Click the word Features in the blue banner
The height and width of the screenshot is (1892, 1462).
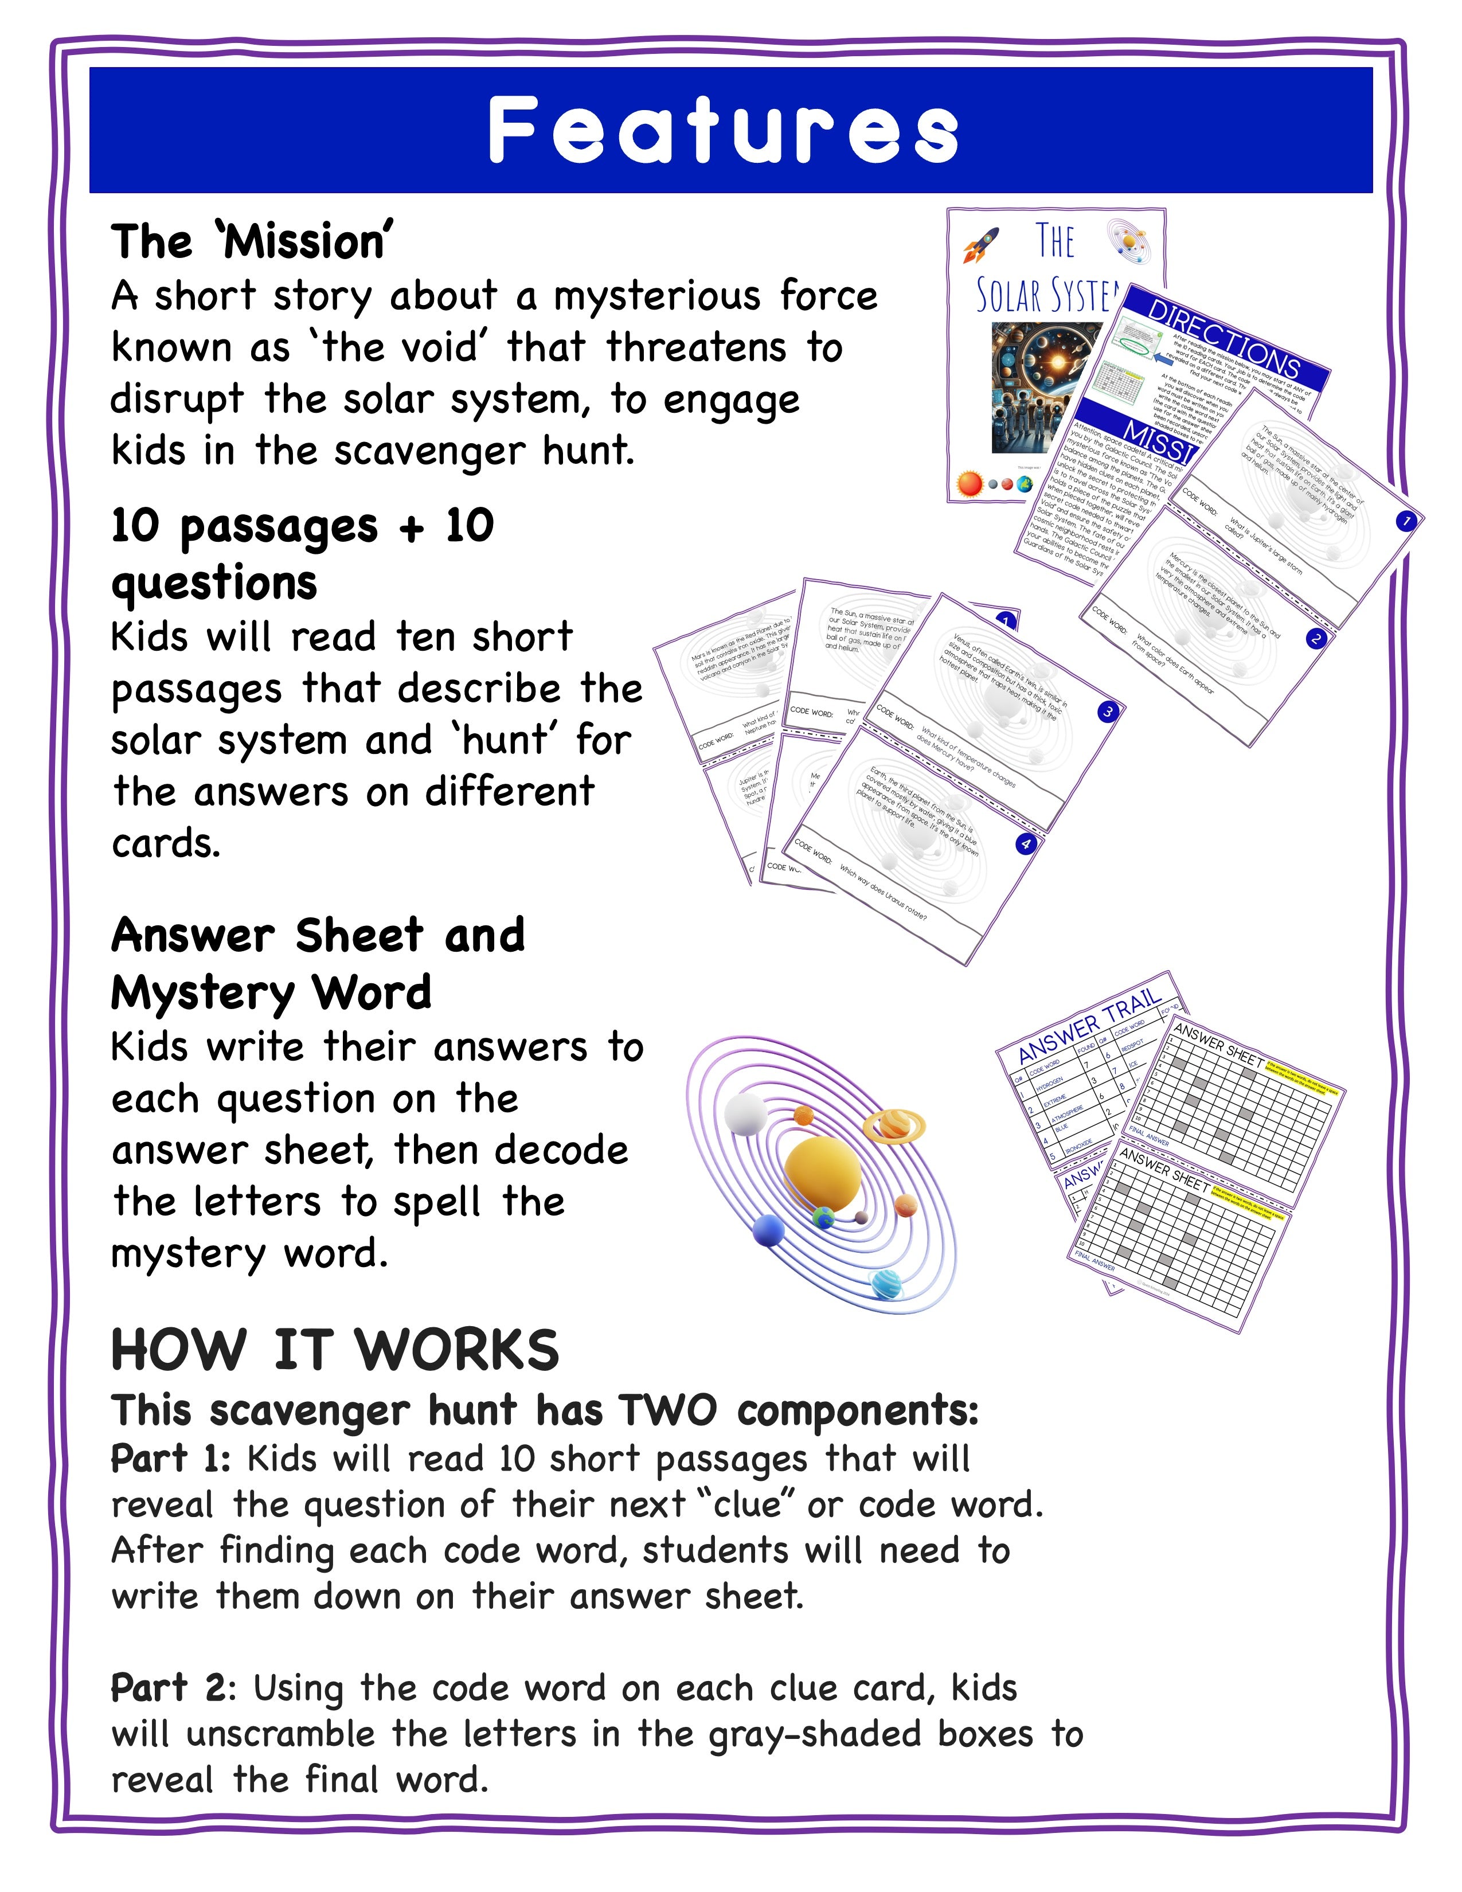click(723, 130)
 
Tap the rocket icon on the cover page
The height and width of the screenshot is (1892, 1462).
click(982, 245)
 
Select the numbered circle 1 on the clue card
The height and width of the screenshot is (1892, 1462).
click(1406, 521)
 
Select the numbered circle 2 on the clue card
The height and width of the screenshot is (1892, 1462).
click(1316, 639)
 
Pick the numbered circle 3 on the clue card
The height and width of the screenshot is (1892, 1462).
click(1108, 712)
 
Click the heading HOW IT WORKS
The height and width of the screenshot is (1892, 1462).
click(335, 1351)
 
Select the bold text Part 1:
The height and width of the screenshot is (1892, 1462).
click(170, 1459)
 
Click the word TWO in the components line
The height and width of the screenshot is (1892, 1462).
click(667, 1410)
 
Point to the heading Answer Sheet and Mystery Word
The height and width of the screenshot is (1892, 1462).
click(318, 963)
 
